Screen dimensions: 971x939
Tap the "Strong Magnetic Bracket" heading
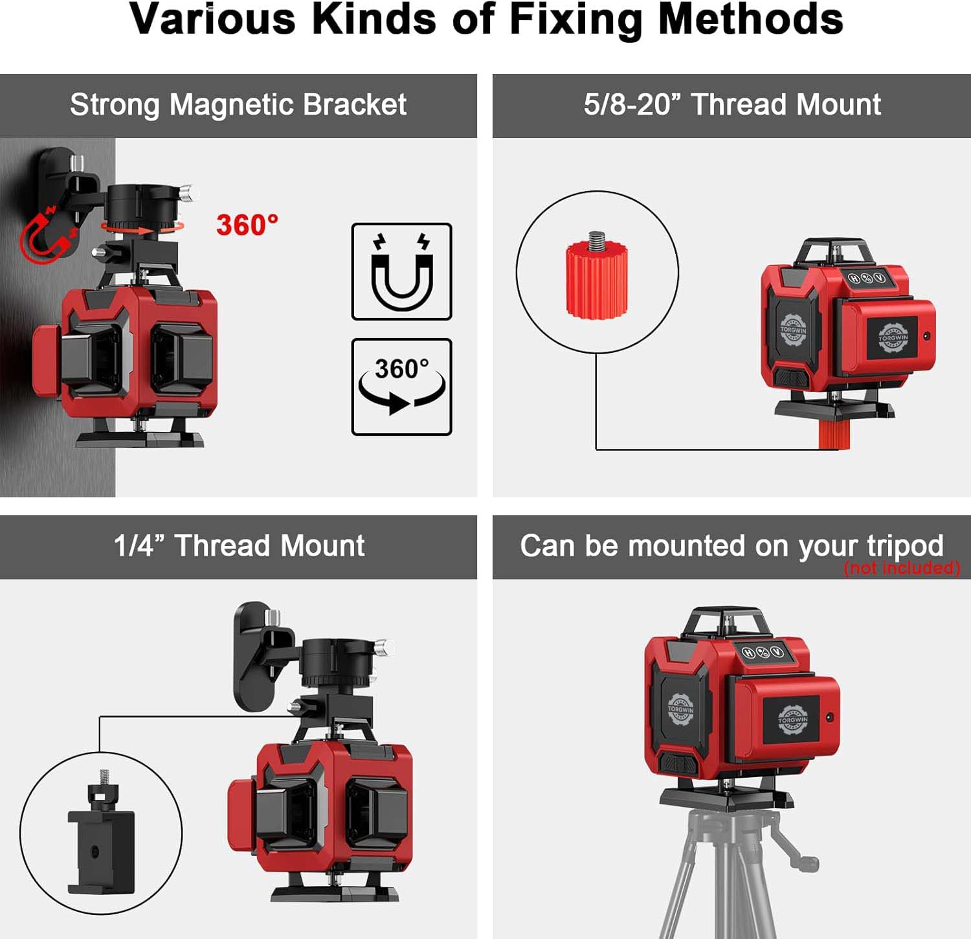(238, 105)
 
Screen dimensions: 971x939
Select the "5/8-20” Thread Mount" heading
(732, 104)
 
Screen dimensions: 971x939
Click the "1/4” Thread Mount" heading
(239, 545)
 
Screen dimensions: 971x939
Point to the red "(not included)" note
(902, 568)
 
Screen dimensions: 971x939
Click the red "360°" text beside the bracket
(247, 225)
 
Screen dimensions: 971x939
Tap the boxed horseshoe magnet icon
(401, 271)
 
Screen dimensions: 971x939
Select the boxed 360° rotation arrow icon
(401, 387)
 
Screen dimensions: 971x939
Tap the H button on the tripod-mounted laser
(748, 652)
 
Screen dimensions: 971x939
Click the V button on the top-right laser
(880, 278)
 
